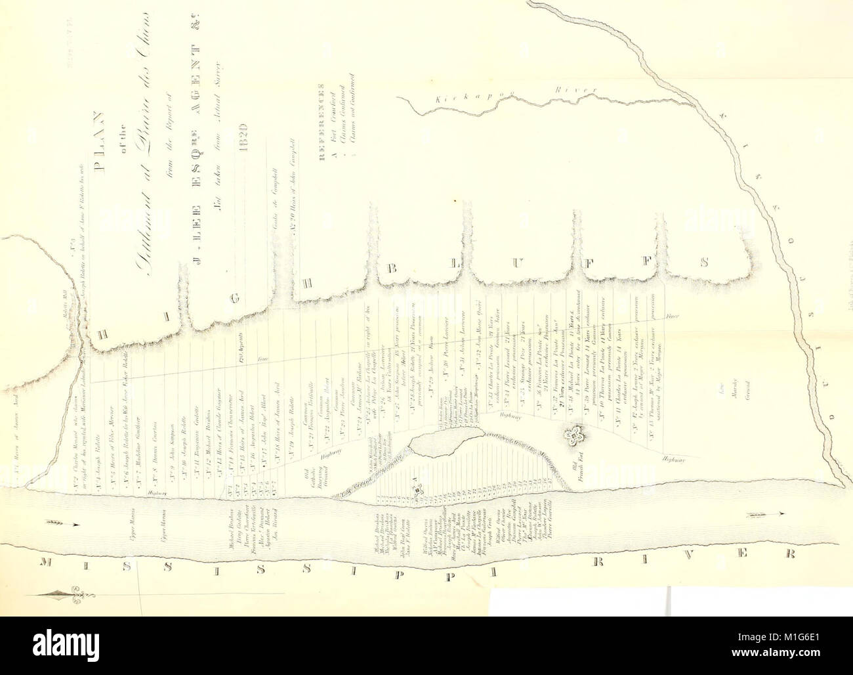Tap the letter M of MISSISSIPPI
click(45, 565)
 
